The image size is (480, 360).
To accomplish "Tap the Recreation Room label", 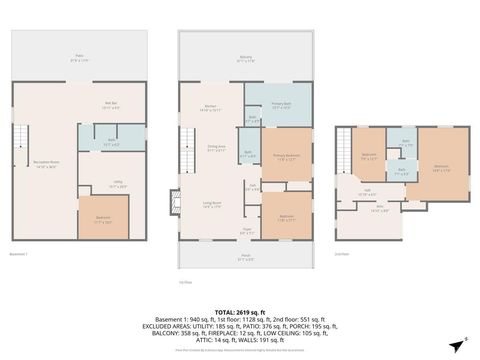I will point(46,166).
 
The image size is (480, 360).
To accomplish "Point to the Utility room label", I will point(117,183).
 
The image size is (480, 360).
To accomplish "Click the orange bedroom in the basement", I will point(103,219).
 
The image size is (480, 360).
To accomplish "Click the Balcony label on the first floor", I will point(244,59).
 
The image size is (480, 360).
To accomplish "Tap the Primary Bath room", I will point(283,108).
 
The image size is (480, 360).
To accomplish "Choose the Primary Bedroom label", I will point(287,156).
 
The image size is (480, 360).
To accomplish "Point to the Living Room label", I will point(213,204).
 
